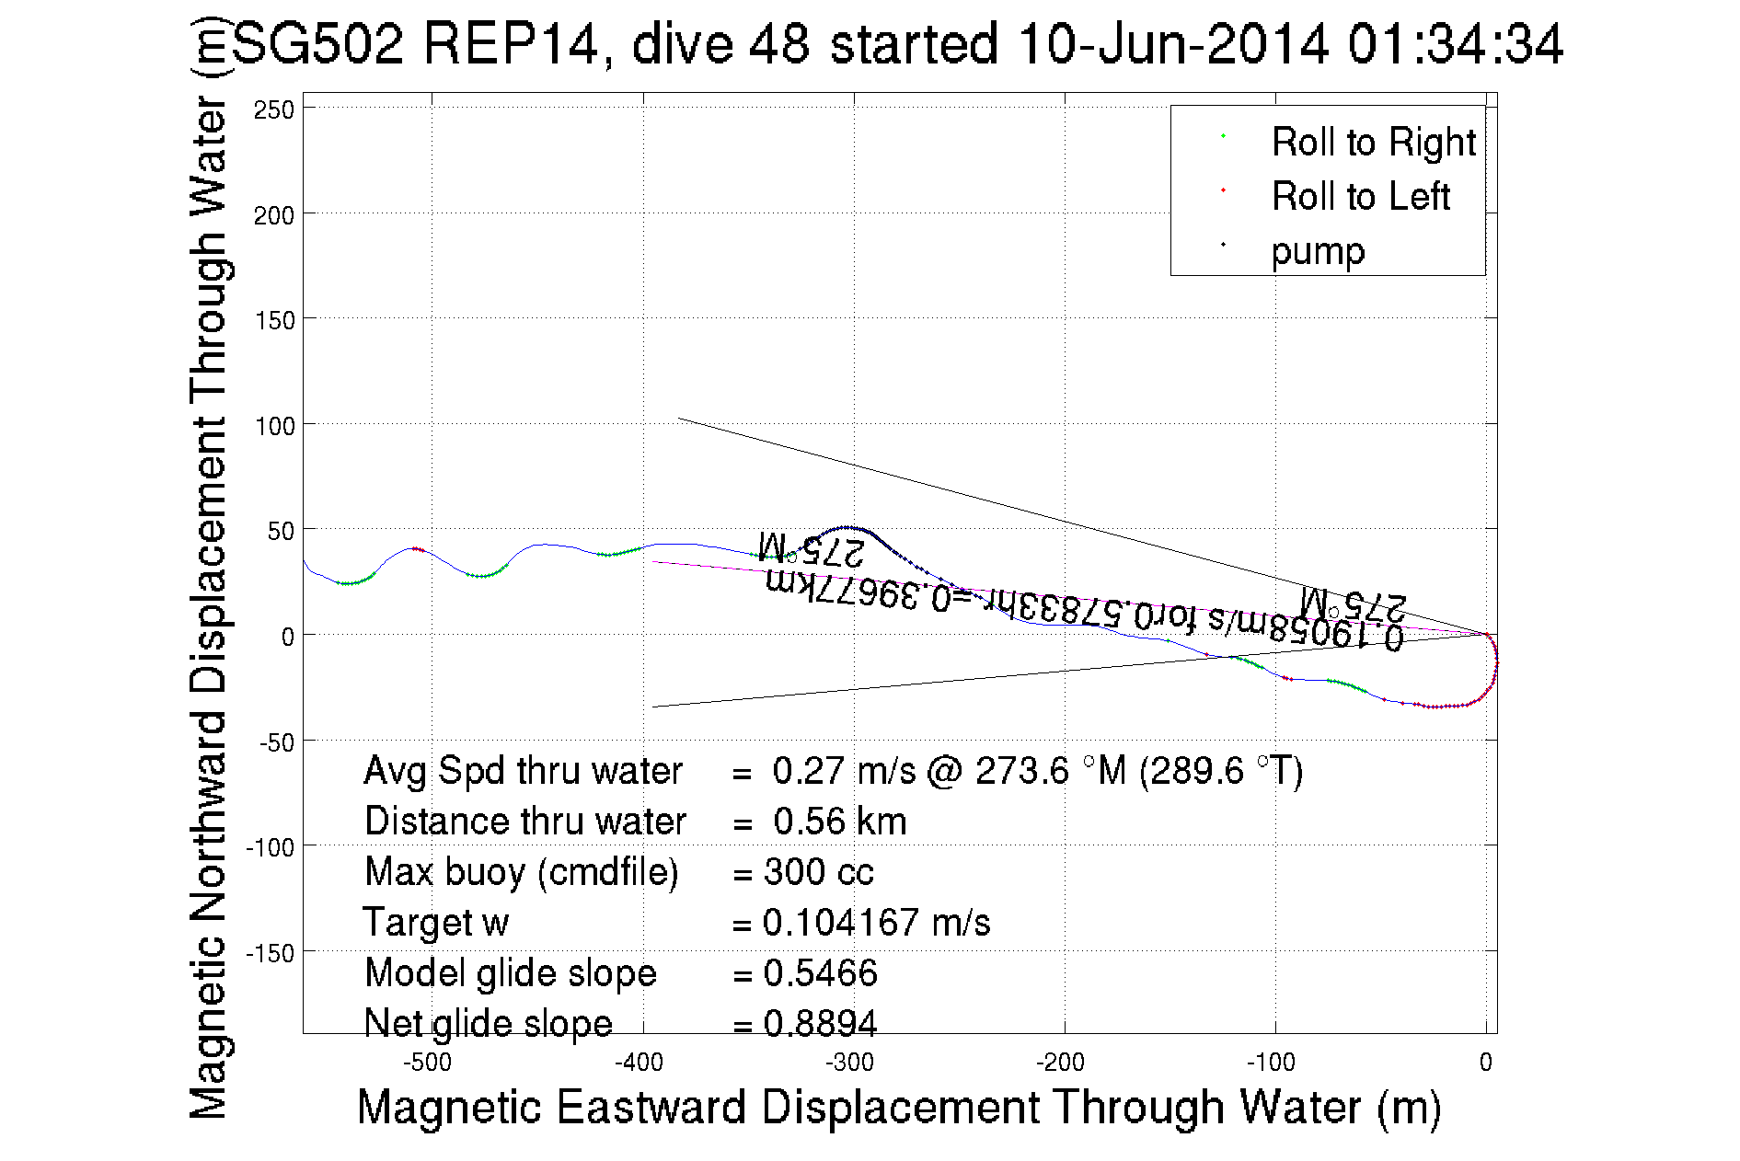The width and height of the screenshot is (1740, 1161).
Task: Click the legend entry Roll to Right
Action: (x=1372, y=143)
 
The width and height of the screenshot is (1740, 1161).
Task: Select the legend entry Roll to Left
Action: (x=1360, y=197)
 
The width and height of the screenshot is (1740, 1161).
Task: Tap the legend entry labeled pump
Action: (x=1318, y=251)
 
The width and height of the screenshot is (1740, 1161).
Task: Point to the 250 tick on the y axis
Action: (x=274, y=110)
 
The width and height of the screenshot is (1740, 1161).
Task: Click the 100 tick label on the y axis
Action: (x=274, y=427)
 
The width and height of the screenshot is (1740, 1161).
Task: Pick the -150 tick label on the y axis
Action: (x=271, y=953)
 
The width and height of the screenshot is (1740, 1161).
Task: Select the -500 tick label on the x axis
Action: (x=428, y=1063)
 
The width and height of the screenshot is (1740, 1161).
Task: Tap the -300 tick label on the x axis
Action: (x=849, y=1063)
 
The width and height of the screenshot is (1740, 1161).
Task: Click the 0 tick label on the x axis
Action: (x=1485, y=1063)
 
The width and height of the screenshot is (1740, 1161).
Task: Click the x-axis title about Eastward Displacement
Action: (x=898, y=1107)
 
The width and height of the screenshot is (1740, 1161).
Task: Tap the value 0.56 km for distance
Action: (x=839, y=822)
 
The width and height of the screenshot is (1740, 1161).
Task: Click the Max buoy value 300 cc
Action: (x=818, y=872)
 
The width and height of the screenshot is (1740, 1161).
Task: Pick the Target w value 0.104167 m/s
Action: (x=876, y=923)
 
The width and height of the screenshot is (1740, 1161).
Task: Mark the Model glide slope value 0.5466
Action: (x=820, y=973)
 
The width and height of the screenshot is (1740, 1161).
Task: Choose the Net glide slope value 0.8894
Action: (x=820, y=1023)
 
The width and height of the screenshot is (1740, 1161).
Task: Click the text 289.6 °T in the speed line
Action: (x=1220, y=771)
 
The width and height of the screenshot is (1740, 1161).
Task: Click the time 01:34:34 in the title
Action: (x=1455, y=44)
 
